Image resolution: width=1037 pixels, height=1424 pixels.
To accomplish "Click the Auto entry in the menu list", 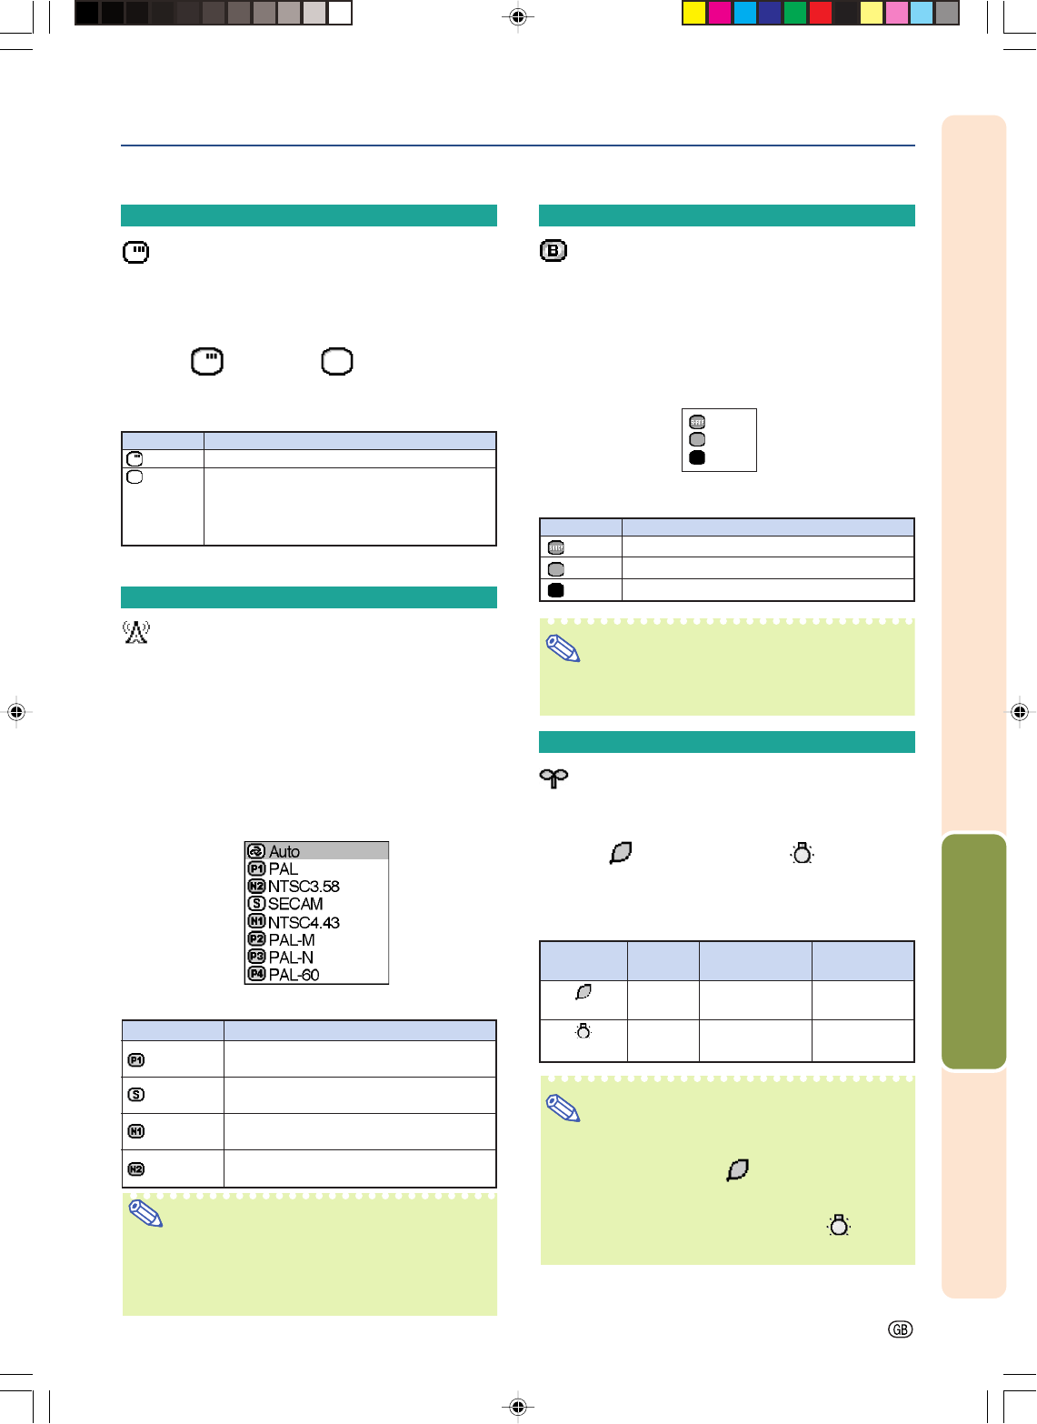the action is click(x=284, y=851).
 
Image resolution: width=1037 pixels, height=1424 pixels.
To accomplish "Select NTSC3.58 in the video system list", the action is click(x=304, y=887).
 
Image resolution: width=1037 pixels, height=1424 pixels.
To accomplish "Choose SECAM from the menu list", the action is click(x=295, y=904).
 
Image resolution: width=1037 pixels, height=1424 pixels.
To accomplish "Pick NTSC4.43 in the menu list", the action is click(x=304, y=922).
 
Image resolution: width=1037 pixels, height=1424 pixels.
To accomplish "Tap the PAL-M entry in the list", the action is click(x=292, y=939).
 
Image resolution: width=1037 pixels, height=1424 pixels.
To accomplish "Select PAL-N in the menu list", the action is click(x=291, y=957).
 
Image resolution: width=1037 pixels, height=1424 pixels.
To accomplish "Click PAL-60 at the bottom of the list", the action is click(x=294, y=975).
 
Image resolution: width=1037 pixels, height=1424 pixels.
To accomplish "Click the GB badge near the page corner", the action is click(x=900, y=1329).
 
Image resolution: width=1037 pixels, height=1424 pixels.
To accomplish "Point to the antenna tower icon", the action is click(x=136, y=632).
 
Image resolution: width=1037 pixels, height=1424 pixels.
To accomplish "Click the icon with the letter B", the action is click(x=553, y=251).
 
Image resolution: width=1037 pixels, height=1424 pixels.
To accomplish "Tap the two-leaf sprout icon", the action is click(x=553, y=778).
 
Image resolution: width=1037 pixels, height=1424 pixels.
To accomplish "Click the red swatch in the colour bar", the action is click(x=821, y=13).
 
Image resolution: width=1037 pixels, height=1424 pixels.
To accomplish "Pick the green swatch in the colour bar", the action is click(x=795, y=13).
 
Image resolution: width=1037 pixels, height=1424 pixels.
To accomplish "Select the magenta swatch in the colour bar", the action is click(x=720, y=13).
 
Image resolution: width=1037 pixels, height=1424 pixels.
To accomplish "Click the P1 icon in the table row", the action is click(x=136, y=1060).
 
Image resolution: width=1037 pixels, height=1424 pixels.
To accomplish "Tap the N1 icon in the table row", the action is click(x=136, y=1132).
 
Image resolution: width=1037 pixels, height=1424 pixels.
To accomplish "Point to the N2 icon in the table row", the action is click(x=136, y=1169).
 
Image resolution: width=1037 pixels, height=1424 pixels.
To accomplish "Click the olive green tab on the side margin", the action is click(x=974, y=951).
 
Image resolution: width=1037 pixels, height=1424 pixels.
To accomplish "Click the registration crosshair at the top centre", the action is click(x=518, y=16).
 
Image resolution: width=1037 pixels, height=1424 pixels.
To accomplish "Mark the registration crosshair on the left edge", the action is click(x=16, y=712).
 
